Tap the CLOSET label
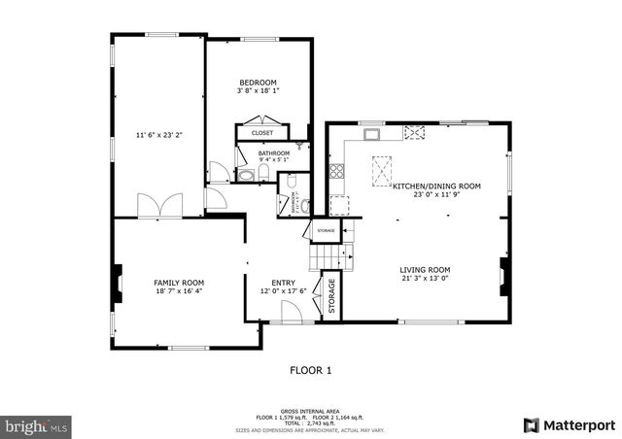pos(261,132)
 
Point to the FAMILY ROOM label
pos(179,282)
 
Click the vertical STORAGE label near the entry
pos(331,296)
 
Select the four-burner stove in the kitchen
pos(337,173)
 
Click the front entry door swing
pos(288,312)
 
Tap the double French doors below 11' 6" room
pos(159,205)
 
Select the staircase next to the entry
pos(328,255)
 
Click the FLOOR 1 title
pos(311,370)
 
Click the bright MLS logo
pos(37,425)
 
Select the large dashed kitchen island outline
pos(381,174)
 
